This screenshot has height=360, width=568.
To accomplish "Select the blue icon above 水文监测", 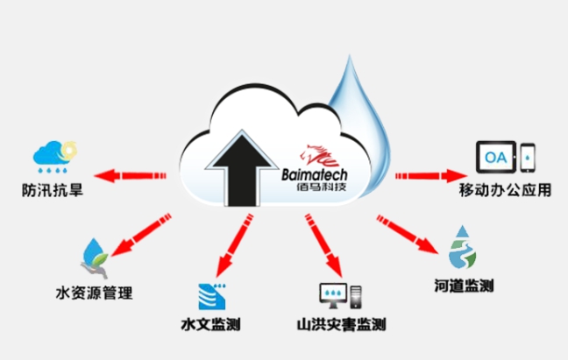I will click(x=209, y=294).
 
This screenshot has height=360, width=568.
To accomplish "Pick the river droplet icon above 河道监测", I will click(x=461, y=248).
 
